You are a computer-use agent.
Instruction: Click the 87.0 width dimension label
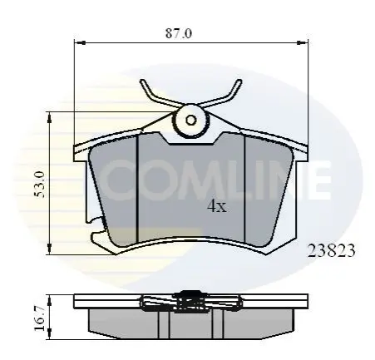click(179, 33)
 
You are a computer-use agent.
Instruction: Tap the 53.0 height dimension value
click(39, 185)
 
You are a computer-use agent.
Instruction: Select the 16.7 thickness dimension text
click(39, 318)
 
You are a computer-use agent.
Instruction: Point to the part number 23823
click(331, 251)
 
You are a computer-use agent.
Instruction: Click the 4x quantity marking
click(217, 206)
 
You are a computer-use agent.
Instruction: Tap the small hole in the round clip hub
click(190, 121)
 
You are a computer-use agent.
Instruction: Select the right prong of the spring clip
click(225, 94)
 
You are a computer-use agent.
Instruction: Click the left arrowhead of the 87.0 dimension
click(80, 42)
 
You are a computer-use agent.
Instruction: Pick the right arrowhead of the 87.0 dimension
click(303, 42)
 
